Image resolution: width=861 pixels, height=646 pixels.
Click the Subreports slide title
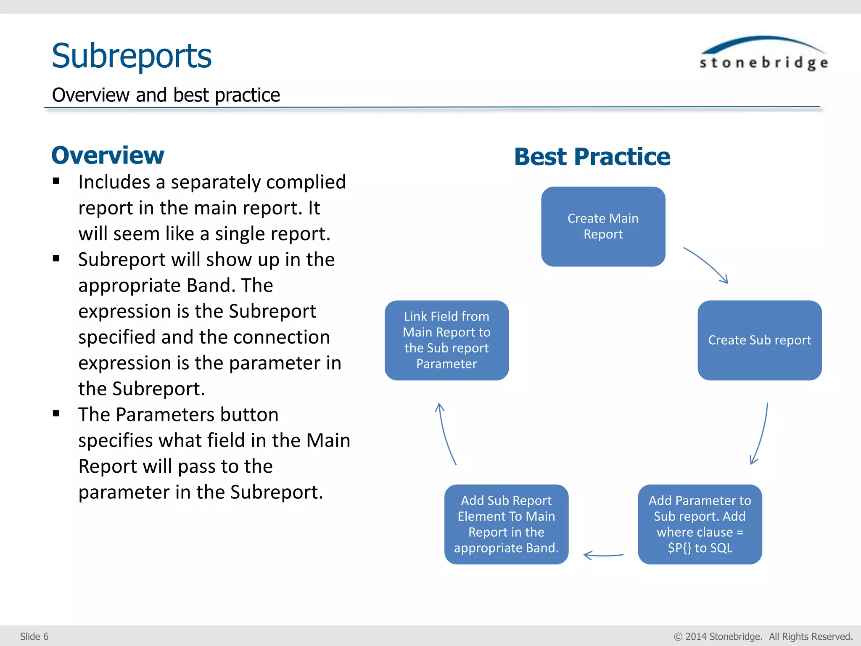tap(131, 56)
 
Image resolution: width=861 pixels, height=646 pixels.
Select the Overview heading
tap(108, 155)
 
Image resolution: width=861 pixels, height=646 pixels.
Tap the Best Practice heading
tap(592, 157)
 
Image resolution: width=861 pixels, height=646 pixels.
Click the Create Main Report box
tap(603, 226)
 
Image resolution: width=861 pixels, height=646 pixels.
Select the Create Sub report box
tap(759, 340)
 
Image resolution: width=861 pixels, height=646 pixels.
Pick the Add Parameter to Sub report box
tap(700, 524)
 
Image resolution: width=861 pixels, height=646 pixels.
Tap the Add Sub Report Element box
tap(506, 524)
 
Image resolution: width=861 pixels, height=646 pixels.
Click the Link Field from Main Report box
tap(446, 340)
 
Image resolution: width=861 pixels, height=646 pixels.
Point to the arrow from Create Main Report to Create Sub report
tap(707, 265)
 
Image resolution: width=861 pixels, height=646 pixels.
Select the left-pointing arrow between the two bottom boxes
tap(603, 556)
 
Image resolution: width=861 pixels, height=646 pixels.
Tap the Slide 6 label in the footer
tap(34, 636)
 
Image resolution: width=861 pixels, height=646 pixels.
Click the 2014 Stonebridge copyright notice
tap(763, 636)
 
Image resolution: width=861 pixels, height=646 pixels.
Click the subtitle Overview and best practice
tap(166, 95)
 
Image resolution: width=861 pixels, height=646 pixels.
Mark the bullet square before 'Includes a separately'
tap(56, 181)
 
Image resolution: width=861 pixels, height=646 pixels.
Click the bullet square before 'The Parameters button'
tap(56, 413)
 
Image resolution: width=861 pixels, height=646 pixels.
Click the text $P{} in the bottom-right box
tap(679, 548)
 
